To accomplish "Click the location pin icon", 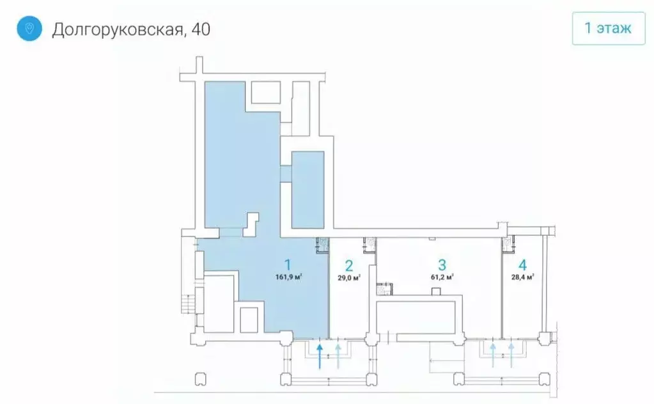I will (x=29, y=29).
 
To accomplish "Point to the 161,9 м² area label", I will (x=289, y=277).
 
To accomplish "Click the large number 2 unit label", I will (x=349, y=265).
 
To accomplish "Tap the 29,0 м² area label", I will (x=349, y=278).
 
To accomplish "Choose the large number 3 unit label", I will (x=442, y=265).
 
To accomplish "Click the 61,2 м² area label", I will (x=442, y=277).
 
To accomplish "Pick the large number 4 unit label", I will (x=522, y=265).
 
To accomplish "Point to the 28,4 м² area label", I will (x=522, y=277).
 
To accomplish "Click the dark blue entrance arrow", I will (x=320, y=355).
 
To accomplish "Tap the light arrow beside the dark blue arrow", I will (x=338, y=355).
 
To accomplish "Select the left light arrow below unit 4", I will (x=493, y=355).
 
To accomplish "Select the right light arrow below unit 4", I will (x=511, y=355).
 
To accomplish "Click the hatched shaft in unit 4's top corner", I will (x=509, y=243).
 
